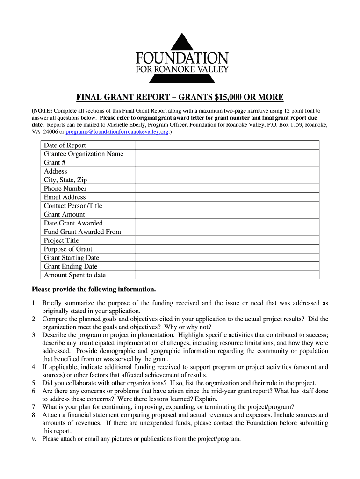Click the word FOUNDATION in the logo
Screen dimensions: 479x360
[x=182, y=58]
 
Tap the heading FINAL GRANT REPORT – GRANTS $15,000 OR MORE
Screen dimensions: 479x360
[x=180, y=97]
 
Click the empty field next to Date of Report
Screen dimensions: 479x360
[x=227, y=145]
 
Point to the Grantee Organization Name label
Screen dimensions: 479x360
[x=84, y=154]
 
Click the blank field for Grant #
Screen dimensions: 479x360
[x=227, y=162]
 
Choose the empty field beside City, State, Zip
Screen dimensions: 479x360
[x=227, y=180]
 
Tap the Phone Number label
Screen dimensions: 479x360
[x=65, y=189]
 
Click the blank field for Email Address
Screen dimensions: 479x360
[x=227, y=197]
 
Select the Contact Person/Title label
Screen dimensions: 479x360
[x=73, y=206]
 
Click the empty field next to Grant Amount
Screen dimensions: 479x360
[x=227, y=214]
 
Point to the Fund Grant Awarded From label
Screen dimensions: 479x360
[x=82, y=232]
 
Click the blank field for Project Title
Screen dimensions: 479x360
[x=227, y=240]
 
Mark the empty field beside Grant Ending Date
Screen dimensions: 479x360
[x=227, y=266]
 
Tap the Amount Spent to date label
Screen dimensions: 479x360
[x=75, y=275]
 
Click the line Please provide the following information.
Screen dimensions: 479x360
[x=94, y=289]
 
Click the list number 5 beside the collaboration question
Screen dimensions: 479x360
[x=35, y=383]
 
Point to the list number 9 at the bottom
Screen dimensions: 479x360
[x=35, y=439]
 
